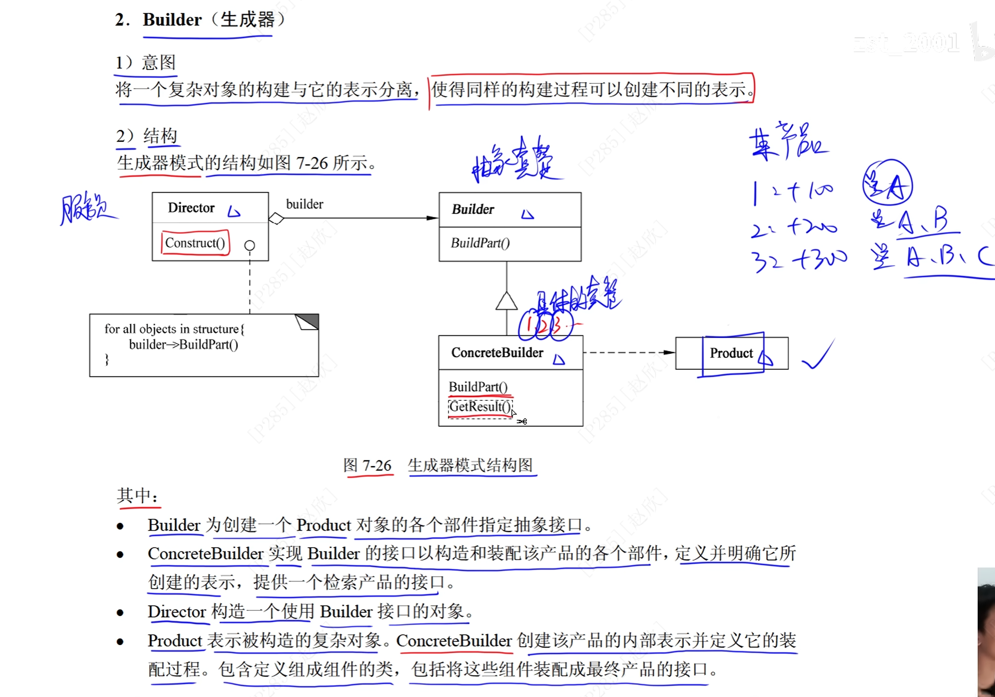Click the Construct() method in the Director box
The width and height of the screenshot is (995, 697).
click(x=195, y=243)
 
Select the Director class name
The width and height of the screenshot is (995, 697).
click(x=191, y=208)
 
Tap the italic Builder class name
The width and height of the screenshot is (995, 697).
click(x=472, y=209)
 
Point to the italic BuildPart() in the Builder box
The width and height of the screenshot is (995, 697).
click(x=480, y=243)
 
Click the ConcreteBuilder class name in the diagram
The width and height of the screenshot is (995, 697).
click(x=497, y=353)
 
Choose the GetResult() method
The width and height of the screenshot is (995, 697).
click(x=480, y=407)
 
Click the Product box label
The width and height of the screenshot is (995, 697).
click(x=731, y=353)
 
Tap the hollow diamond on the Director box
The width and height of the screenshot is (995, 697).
click(x=276, y=219)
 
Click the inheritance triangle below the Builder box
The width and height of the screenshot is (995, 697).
click(x=506, y=301)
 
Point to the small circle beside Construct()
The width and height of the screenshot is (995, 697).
click(x=249, y=245)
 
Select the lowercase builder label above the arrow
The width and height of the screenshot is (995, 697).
click(x=304, y=204)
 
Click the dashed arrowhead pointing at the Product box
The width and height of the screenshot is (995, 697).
click(x=669, y=352)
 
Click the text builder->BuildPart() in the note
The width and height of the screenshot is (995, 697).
click(x=183, y=344)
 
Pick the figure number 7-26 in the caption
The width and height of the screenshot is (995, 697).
click(x=376, y=465)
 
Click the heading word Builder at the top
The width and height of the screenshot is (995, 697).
click(x=172, y=20)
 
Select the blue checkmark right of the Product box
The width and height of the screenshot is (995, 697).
click(x=818, y=355)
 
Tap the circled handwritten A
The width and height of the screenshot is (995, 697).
click(x=887, y=183)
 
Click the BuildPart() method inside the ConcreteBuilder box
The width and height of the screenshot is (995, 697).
click(x=478, y=387)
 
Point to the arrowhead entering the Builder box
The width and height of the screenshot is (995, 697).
click(x=432, y=218)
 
